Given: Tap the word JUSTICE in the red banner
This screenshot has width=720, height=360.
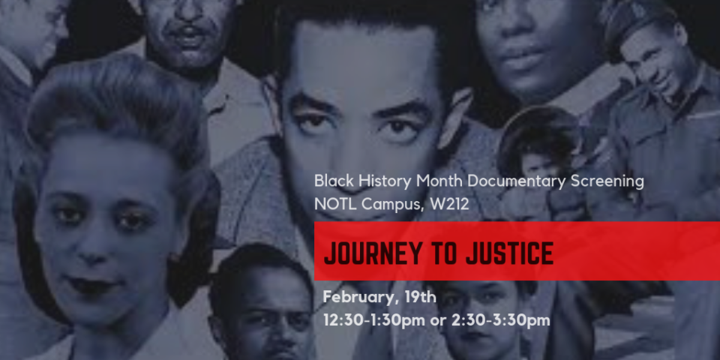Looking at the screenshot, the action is coord(510,253).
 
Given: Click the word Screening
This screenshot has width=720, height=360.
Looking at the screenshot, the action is coord(607,182).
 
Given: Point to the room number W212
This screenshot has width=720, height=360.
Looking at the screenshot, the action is coord(449,204).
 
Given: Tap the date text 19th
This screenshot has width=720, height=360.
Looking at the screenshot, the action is coord(420,297).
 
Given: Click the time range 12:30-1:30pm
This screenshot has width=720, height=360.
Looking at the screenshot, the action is coord(374,320).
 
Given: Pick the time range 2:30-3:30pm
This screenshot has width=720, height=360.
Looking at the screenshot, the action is coord(500,320).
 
